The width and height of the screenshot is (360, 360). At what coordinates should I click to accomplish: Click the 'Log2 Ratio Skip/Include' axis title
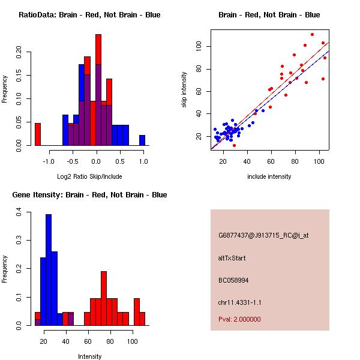click(x=89, y=176)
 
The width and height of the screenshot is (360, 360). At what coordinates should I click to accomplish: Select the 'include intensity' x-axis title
click(x=269, y=176)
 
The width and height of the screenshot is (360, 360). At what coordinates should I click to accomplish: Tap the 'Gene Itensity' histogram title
click(x=89, y=195)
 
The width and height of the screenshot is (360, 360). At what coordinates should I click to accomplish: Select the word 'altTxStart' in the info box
click(x=232, y=258)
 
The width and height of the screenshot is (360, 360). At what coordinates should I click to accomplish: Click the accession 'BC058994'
click(x=233, y=280)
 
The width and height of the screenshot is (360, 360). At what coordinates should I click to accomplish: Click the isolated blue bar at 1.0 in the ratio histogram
click(x=142, y=140)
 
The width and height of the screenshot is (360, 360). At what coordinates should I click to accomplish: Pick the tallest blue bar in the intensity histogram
click(x=49, y=269)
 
